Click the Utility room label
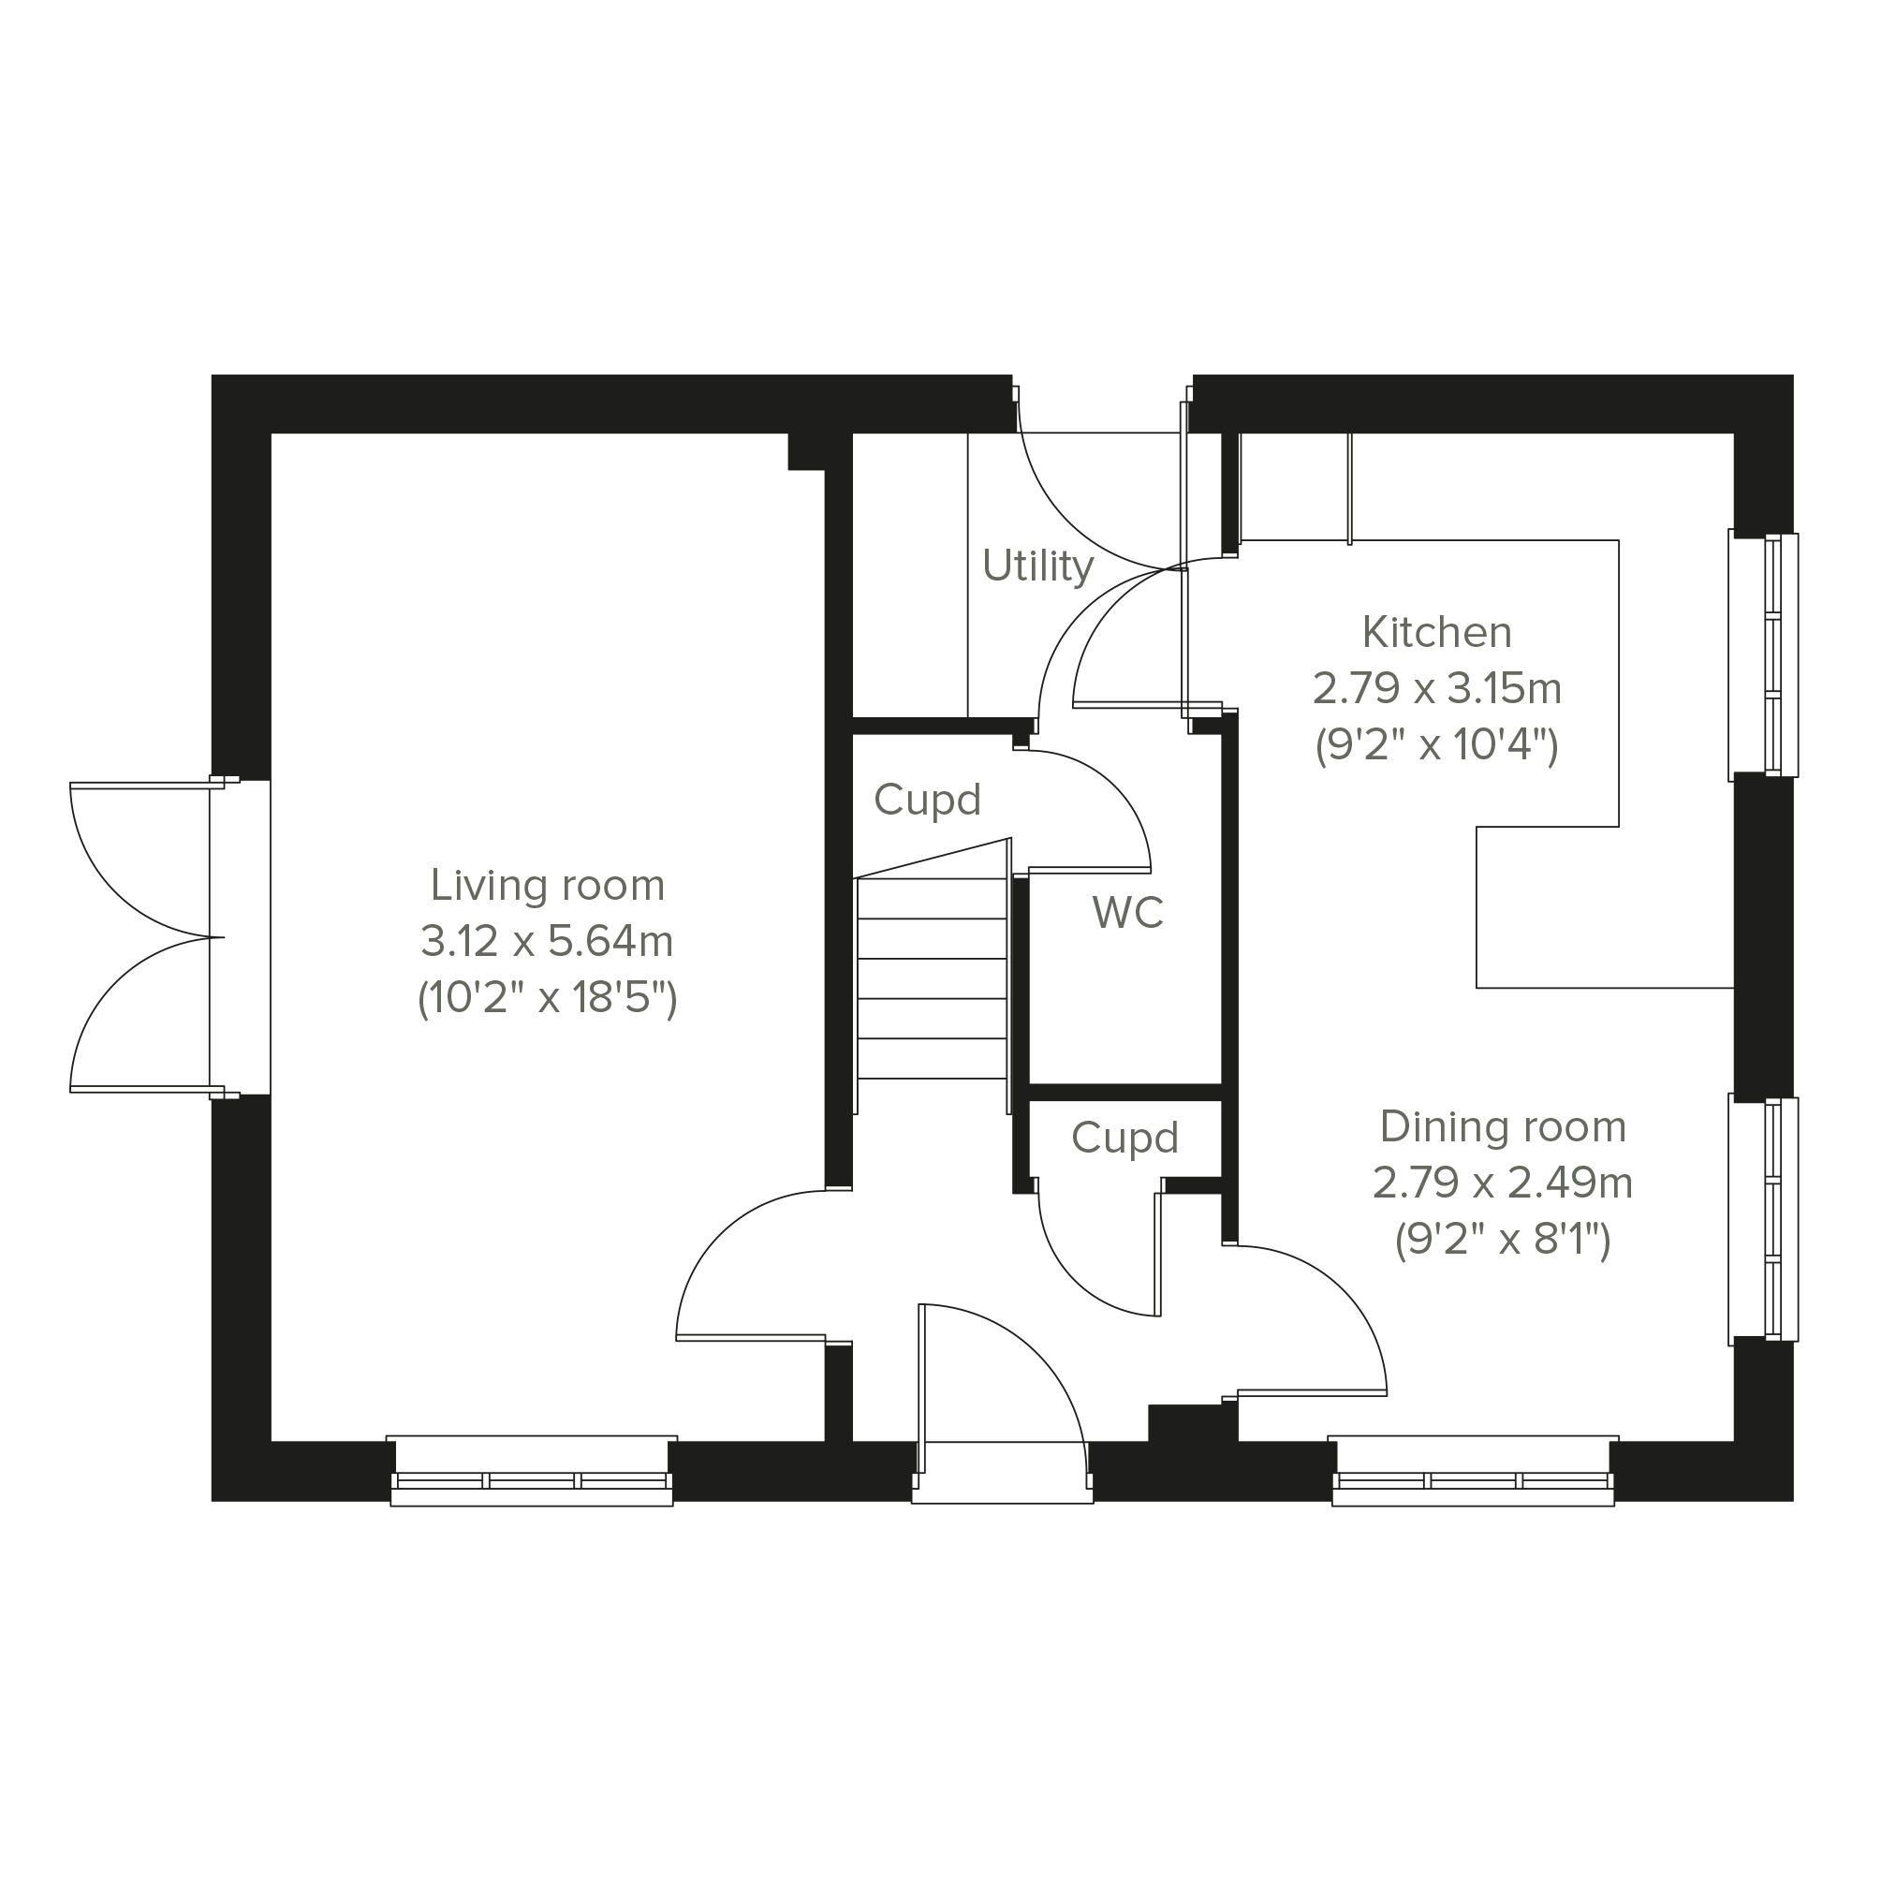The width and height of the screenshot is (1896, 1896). point(1037,566)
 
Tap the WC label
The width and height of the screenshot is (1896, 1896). point(1127,913)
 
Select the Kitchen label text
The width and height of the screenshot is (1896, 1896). point(1436,632)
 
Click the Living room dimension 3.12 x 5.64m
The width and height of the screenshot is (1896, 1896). point(548,941)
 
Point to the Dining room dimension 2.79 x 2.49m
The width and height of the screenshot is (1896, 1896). point(1503,1183)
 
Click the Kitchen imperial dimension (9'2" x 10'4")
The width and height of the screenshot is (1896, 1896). point(1436,745)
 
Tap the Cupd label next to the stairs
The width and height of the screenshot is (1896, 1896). point(927,800)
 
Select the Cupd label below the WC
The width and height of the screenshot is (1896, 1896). point(1124,1138)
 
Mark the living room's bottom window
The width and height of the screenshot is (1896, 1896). point(532,1471)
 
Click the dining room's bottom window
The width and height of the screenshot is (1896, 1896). point(1473,1471)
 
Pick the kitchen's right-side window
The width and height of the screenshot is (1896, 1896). point(1764,654)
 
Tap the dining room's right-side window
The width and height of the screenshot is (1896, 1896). point(1764,1219)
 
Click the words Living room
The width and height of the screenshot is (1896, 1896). point(548,885)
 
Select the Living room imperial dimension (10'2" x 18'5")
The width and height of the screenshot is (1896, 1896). point(548,998)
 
